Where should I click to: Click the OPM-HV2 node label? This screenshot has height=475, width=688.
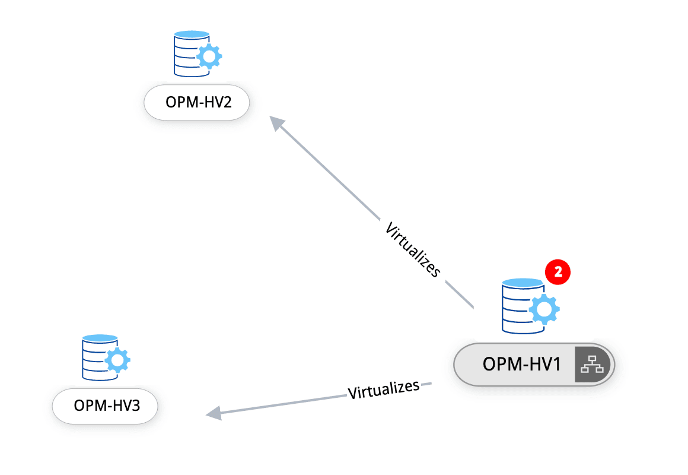pos(197,104)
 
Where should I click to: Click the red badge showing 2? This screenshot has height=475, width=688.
pos(558,272)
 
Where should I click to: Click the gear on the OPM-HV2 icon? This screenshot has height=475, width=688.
pos(209,57)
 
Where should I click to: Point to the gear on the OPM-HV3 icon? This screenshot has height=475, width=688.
pos(117,359)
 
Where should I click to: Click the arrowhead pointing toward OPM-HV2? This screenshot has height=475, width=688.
pos(276,122)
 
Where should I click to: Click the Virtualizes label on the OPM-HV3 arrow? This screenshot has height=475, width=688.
pos(383,390)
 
